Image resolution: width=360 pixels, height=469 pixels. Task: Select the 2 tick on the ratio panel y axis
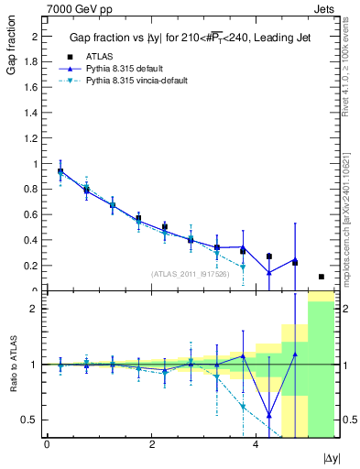pos(35,309)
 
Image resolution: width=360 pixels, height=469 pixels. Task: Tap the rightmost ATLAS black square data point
pos(321,277)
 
